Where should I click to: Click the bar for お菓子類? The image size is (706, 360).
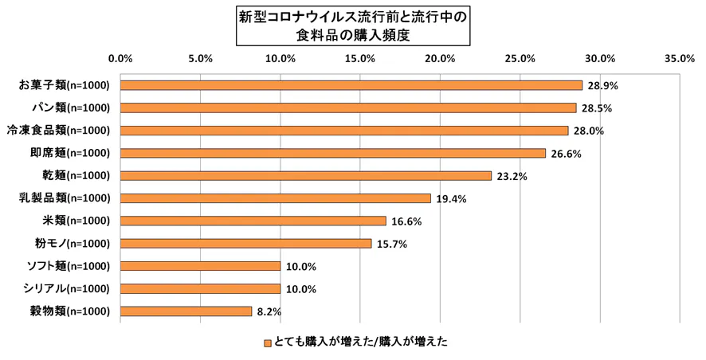pyautogui.click(x=351, y=85)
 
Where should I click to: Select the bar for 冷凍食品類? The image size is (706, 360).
pyautogui.click(x=343, y=131)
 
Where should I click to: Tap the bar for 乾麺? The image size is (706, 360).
pyautogui.click(x=305, y=175)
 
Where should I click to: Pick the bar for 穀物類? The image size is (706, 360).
pyautogui.click(x=186, y=311)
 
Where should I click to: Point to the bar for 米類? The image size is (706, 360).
pyautogui.click(x=253, y=221)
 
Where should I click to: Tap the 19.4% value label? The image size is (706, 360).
pyautogui.click(x=451, y=198)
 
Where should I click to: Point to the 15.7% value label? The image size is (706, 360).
pyautogui.click(x=392, y=244)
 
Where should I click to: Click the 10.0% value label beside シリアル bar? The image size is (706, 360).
pyautogui.click(x=301, y=289)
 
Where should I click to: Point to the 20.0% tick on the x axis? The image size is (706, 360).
pyautogui.click(x=440, y=58)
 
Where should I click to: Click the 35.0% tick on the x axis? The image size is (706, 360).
pyautogui.click(x=680, y=58)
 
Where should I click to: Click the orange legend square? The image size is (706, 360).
pyautogui.click(x=267, y=343)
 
